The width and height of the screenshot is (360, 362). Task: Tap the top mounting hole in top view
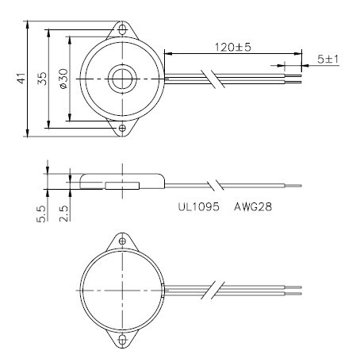(122, 30)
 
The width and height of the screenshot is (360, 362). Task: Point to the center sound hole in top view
(122, 79)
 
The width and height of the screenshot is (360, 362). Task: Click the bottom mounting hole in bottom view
(122, 339)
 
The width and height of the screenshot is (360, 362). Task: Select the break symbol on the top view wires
(213, 79)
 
